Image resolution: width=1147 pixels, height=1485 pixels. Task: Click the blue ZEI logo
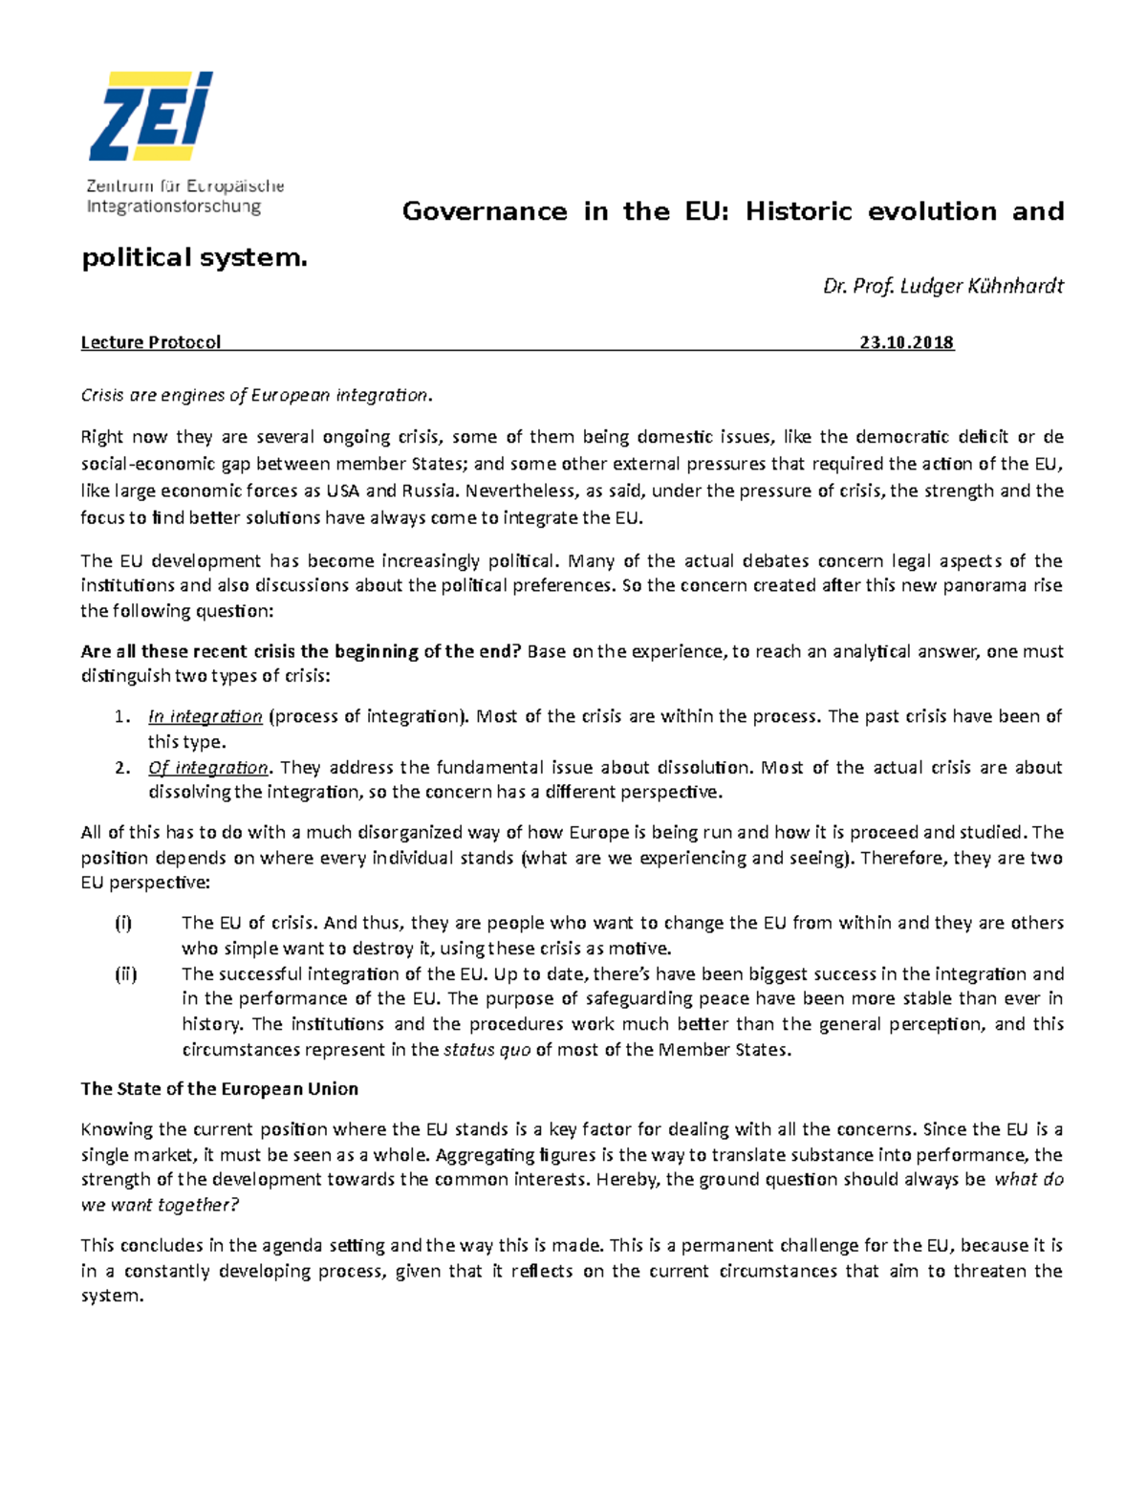coord(151,117)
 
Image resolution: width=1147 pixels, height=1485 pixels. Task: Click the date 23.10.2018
coord(906,342)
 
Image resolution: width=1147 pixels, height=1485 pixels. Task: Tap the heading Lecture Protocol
coord(151,342)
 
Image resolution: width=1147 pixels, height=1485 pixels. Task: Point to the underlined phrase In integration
coord(206,716)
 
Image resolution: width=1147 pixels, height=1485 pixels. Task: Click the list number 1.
coord(120,717)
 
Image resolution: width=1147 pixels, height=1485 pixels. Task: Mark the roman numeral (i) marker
coord(123,923)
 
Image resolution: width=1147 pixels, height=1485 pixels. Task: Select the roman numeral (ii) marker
coord(125,973)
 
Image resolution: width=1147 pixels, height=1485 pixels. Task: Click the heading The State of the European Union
coord(220,1088)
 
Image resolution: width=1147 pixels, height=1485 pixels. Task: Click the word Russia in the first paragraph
coord(429,491)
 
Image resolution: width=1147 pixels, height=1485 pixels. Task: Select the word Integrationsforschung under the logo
coord(173,206)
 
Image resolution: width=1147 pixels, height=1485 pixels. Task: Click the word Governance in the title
coord(484,211)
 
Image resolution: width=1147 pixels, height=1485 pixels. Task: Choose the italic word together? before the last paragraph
coord(199,1205)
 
